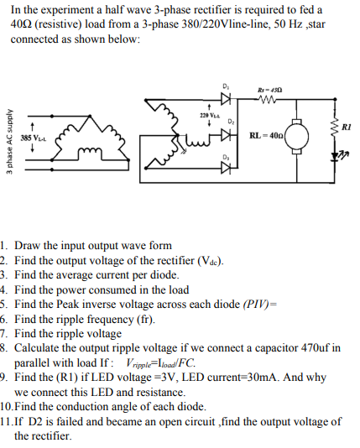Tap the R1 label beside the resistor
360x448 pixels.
click(x=347, y=126)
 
